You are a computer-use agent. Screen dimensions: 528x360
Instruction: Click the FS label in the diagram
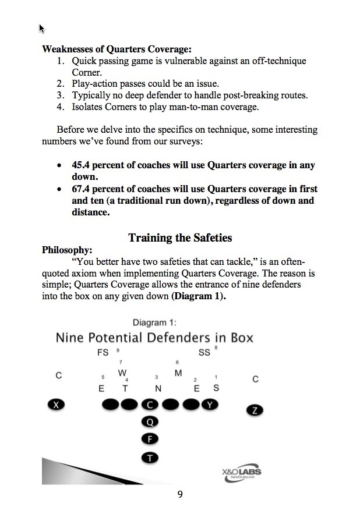[103, 353]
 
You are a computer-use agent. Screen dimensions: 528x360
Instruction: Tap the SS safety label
[204, 353]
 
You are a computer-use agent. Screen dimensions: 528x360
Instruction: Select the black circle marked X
[55, 405]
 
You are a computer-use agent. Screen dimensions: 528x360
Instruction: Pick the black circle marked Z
[255, 410]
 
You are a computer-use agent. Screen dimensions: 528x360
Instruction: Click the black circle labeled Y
[210, 405]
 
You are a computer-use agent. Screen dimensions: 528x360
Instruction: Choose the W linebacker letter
[122, 373]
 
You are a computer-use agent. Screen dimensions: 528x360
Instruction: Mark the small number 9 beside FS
[118, 350]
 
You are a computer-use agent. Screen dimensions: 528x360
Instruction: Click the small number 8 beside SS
[216, 348]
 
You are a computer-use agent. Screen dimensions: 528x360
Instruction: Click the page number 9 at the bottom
[180, 494]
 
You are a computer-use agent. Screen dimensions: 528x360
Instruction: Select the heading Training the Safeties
[179, 238]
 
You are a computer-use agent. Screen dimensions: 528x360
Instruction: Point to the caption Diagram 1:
[155, 323]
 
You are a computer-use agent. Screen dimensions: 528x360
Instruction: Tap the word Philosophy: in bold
[66, 250]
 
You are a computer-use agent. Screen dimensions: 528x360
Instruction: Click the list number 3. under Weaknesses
[61, 95]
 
